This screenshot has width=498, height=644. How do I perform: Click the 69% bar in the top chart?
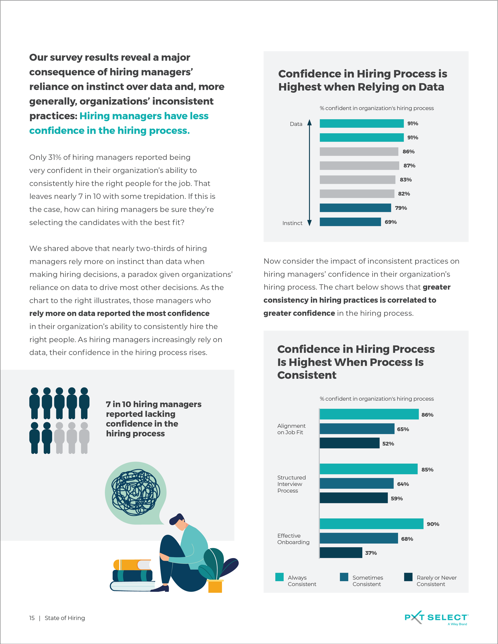[x=350, y=222]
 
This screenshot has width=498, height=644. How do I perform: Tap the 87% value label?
[x=409, y=166]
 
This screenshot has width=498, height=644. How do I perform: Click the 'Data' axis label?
[x=296, y=124]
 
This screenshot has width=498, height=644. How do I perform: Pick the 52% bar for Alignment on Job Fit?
[x=350, y=443]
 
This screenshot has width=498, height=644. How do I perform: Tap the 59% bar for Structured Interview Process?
[x=354, y=498]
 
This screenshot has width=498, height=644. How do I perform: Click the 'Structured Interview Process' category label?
[x=291, y=484]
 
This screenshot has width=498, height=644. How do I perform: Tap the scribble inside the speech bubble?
[x=136, y=492]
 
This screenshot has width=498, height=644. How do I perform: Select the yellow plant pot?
[x=215, y=586]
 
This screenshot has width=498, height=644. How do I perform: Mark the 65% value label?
[x=403, y=429]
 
